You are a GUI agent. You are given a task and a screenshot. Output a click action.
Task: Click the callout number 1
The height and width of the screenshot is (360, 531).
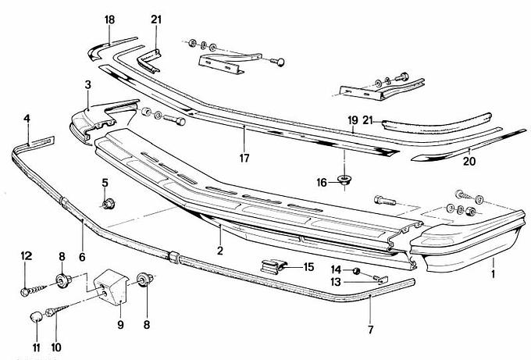click(x=494, y=274)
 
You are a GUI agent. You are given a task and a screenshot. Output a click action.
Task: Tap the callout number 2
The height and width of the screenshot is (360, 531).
click(x=221, y=251)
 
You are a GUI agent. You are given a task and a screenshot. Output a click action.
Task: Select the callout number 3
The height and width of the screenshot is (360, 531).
click(x=88, y=84)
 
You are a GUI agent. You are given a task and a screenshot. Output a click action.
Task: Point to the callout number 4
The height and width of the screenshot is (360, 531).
click(x=27, y=119)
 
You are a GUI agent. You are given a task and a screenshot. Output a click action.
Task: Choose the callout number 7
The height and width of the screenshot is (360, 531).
click(x=370, y=329)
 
